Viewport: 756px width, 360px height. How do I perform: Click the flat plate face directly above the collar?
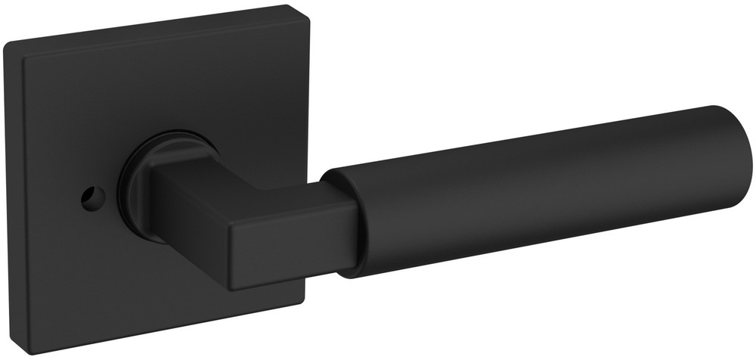(x=166, y=98)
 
